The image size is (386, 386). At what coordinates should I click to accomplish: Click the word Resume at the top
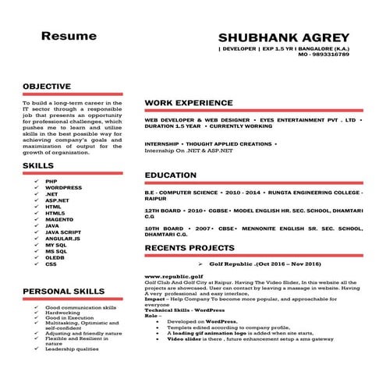(x=69, y=36)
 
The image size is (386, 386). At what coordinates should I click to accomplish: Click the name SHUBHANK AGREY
(x=284, y=37)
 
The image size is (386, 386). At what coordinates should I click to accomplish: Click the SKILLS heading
(x=38, y=165)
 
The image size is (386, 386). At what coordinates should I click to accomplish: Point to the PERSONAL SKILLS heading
(x=63, y=291)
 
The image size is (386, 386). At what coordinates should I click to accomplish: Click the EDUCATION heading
(x=172, y=175)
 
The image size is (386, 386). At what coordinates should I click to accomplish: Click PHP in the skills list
(x=51, y=181)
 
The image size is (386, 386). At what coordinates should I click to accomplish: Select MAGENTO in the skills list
(x=59, y=219)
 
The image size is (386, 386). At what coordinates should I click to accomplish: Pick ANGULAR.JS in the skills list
(x=62, y=239)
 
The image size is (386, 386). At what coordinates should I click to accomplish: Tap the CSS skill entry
(x=51, y=264)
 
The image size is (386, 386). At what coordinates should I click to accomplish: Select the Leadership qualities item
(x=72, y=348)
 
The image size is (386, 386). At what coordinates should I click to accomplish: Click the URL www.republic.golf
(x=173, y=276)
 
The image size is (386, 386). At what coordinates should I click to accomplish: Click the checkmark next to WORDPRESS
(x=36, y=188)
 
